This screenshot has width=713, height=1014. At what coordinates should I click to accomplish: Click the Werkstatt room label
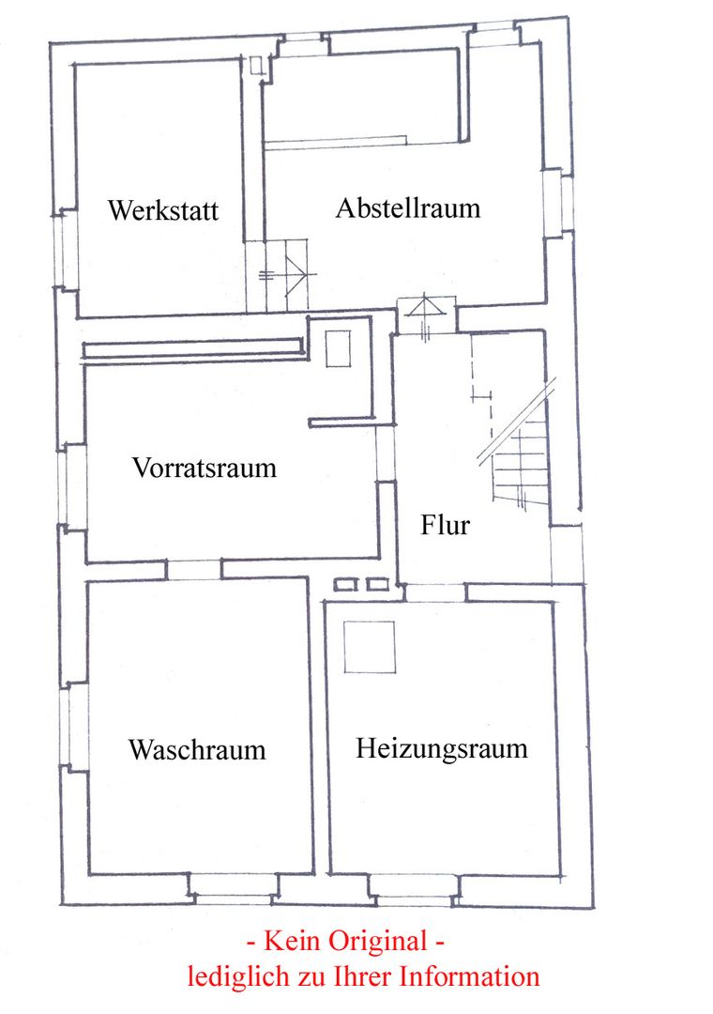[x=163, y=210]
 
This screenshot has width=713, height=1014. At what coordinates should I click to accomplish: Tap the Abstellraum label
[x=408, y=208]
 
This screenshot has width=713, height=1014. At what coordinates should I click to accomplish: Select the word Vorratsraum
[x=205, y=468]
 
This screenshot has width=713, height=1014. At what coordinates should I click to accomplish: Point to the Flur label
[x=445, y=525]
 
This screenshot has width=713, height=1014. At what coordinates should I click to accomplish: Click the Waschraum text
[x=197, y=749]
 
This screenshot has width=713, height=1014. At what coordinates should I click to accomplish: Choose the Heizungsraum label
[x=442, y=748]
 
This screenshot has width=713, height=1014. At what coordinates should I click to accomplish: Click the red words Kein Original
[x=346, y=940]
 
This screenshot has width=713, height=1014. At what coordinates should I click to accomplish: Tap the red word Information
[x=469, y=976]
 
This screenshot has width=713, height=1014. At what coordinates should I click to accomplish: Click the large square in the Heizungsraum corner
[x=369, y=647]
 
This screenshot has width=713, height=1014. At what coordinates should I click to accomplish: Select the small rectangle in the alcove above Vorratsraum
[x=338, y=348]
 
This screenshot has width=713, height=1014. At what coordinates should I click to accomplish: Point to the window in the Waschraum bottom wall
[x=234, y=888]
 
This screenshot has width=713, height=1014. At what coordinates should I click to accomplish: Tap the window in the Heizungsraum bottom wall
[x=415, y=890]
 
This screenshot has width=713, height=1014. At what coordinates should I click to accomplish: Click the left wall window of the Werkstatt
[x=65, y=249]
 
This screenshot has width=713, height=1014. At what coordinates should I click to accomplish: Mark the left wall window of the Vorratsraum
[x=71, y=486]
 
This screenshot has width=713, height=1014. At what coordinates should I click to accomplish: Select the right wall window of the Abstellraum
[x=559, y=203]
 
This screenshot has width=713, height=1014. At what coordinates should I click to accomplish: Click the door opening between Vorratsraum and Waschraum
[x=194, y=570]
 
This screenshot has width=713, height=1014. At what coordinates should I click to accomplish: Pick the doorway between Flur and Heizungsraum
[x=434, y=592]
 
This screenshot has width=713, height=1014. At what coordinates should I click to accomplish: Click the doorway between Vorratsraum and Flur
[x=386, y=453]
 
